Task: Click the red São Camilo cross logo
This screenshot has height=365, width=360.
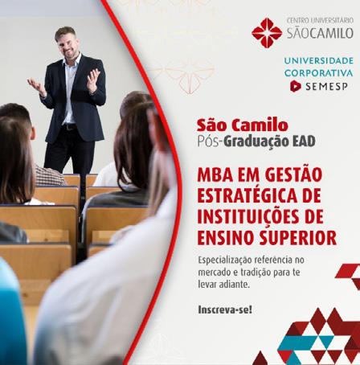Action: tap(267, 33)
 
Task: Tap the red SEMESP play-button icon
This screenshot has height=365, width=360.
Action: tap(296, 86)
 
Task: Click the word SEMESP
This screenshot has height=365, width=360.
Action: tap(326, 86)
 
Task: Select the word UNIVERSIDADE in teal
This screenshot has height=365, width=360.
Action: tap(319, 60)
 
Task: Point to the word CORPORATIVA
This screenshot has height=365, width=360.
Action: tap(319, 73)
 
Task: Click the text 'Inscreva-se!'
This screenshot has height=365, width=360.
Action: tap(225, 310)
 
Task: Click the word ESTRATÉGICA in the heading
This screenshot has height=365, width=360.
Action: tap(247, 195)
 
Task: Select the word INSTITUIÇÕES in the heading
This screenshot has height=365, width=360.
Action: tap(248, 216)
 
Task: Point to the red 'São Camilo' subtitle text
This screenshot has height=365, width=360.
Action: tap(243, 125)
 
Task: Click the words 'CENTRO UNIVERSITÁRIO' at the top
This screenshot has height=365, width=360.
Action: tap(320, 20)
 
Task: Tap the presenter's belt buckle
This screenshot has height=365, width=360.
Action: tap(66, 127)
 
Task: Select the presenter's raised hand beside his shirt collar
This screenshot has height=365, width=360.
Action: tap(93, 80)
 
